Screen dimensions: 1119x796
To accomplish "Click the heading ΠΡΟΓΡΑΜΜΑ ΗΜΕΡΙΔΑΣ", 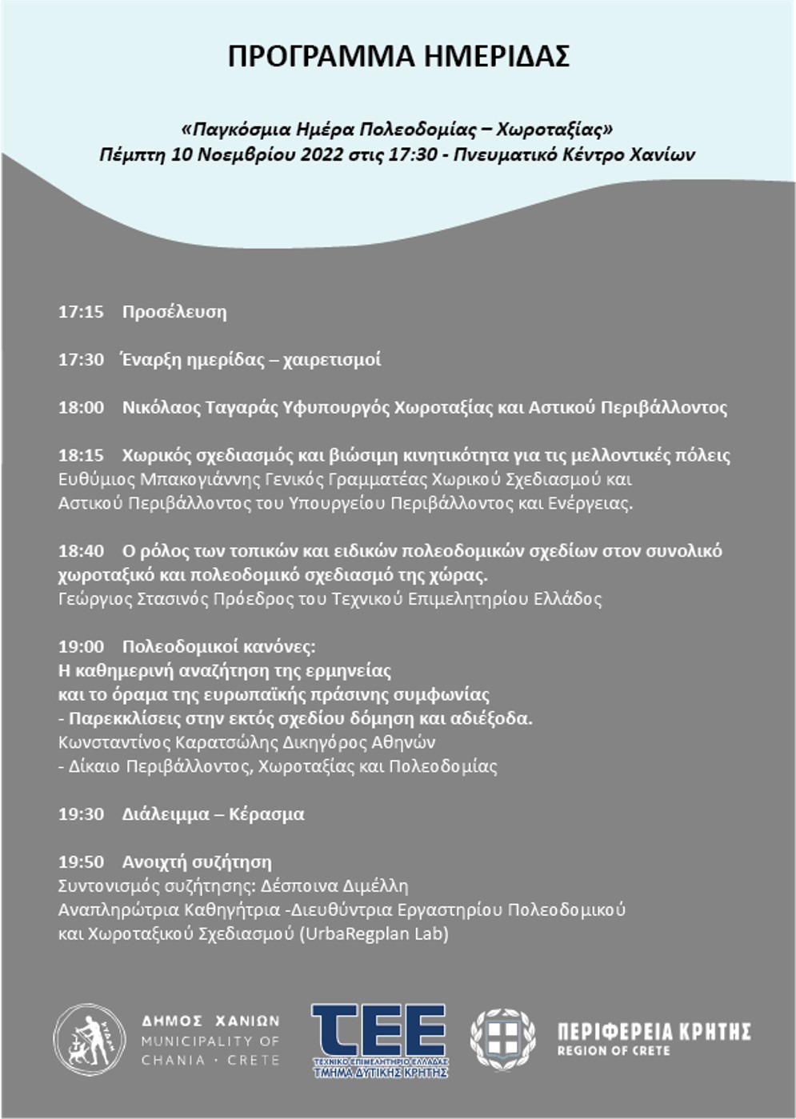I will point(398,57).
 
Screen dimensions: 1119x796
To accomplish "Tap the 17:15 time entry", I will point(81,312).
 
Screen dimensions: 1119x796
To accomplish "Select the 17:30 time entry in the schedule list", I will point(81,360).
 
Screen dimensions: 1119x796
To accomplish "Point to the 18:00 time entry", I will point(81,408).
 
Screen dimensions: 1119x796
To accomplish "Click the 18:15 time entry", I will point(81,456).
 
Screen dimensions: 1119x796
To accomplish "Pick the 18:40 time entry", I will point(81,551).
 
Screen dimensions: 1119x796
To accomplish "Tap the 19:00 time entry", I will point(81,646).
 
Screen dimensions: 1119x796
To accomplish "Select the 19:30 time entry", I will point(81,814).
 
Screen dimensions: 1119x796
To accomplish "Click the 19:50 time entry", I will point(81,862).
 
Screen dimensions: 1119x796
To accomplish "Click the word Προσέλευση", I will point(174,312).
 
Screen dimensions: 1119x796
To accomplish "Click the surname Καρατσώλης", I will point(227,742).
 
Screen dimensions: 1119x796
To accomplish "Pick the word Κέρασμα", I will point(266,814).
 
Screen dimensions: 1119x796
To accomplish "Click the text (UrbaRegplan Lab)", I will point(374,933).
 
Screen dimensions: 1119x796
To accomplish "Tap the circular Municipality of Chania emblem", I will point(90,1040).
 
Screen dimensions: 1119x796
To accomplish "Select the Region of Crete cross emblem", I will point(502,1039).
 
